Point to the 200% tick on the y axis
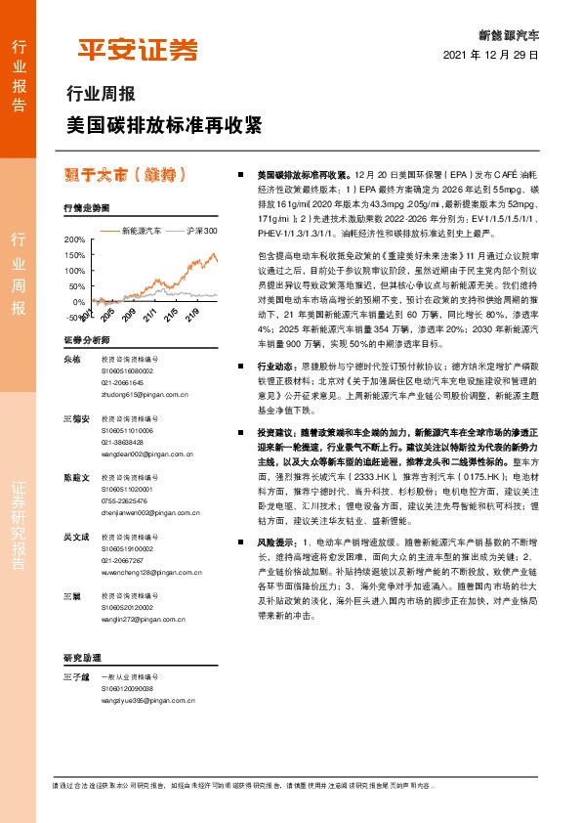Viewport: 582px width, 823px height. click(74, 239)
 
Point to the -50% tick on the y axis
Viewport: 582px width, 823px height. click(74, 318)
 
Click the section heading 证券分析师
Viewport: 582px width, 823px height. click(81, 340)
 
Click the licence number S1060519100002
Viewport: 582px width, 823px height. click(129, 549)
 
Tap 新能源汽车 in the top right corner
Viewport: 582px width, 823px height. click(509, 33)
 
